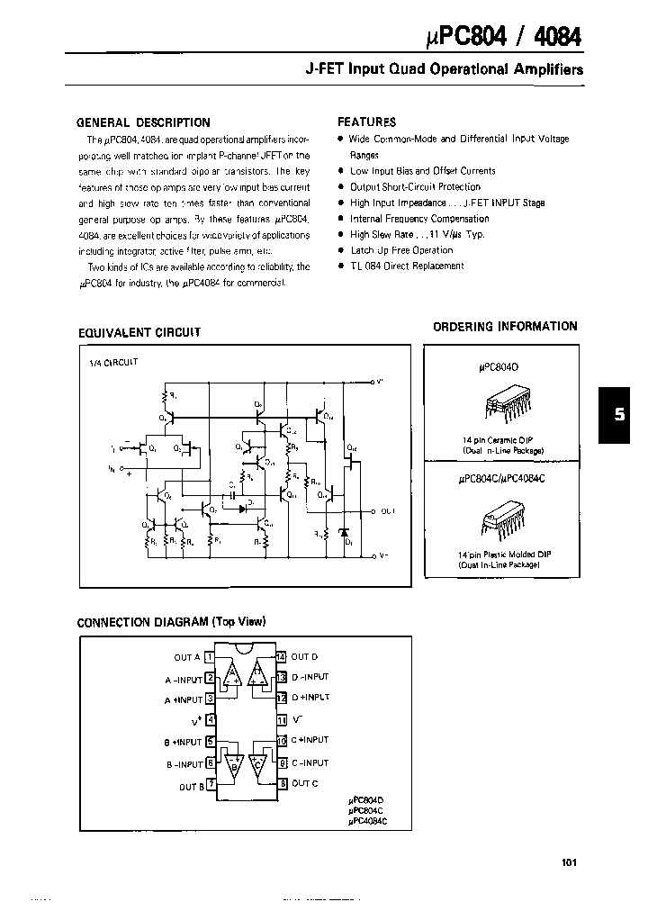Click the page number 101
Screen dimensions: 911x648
click(x=568, y=861)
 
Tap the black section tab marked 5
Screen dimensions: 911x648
click(x=618, y=415)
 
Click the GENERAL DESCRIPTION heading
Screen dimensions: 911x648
click(x=143, y=122)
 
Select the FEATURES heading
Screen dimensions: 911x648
click(x=366, y=122)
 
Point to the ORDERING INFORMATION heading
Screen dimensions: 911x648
click(x=505, y=327)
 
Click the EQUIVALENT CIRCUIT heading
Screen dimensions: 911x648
click(x=139, y=332)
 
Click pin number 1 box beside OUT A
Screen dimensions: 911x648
click(x=210, y=657)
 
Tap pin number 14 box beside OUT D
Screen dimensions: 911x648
click(x=282, y=657)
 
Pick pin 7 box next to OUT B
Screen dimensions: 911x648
click(x=211, y=785)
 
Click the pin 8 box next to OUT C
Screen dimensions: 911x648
click(x=282, y=784)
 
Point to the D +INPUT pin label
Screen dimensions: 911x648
click(x=310, y=698)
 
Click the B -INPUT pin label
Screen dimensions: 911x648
click(x=183, y=763)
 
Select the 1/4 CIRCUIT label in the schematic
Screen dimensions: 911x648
click(x=112, y=362)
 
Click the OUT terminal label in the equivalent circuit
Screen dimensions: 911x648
click(x=387, y=510)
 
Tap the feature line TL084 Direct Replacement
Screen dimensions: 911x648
click(x=407, y=266)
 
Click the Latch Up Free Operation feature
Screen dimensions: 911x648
click(x=401, y=250)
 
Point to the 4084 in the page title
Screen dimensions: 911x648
click(x=558, y=38)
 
